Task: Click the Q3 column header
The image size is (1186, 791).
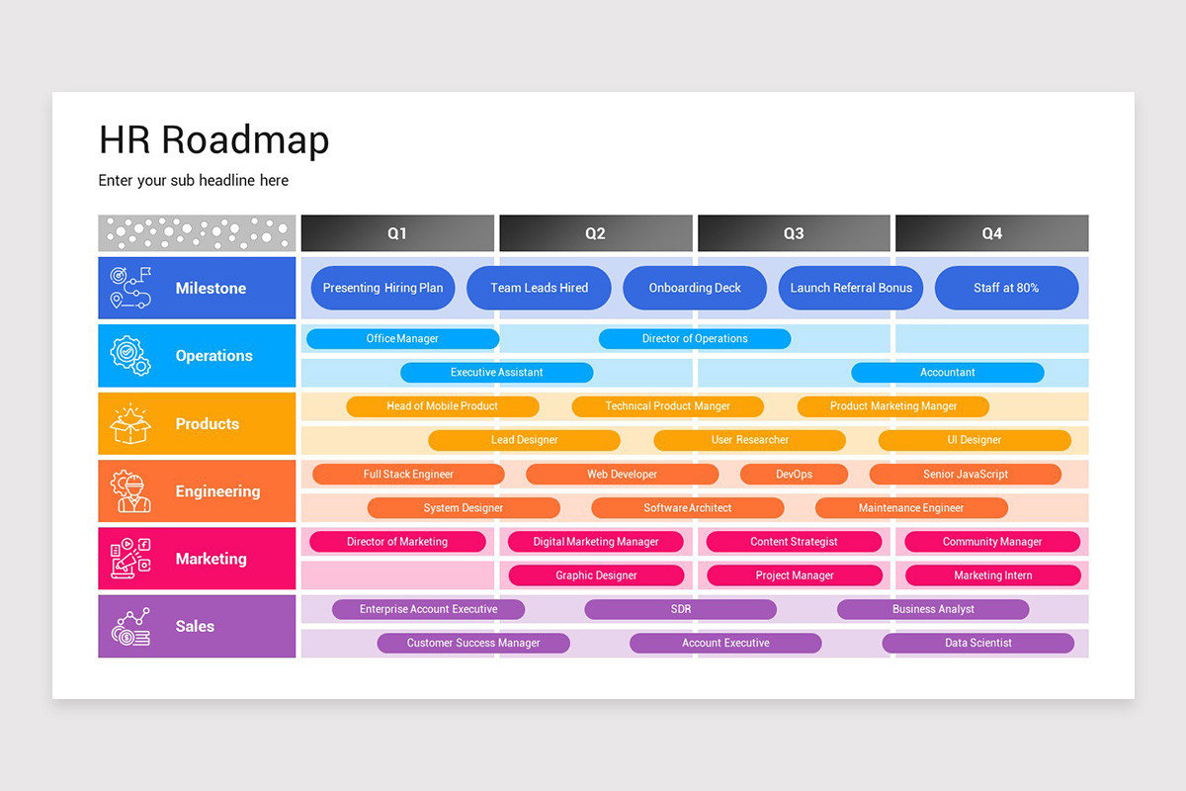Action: coord(794,233)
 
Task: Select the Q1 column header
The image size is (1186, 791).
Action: coord(397,233)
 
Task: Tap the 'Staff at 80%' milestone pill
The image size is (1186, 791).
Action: coord(1006,288)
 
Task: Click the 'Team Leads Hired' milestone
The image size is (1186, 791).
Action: coord(539,288)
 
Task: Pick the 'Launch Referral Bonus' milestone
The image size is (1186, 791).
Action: coord(851,288)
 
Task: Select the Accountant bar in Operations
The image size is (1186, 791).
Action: coord(947,373)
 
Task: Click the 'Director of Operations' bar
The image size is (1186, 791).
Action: coord(695,339)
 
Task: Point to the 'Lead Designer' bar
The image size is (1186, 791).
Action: coord(524,440)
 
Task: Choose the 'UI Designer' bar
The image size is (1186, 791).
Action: coord(974,440)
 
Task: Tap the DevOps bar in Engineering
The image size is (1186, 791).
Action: coord(794,475)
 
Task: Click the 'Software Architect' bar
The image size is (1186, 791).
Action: coord(687,508)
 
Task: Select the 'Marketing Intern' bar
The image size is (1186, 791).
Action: coord(992,575)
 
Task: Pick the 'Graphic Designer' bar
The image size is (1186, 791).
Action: coord(596,575)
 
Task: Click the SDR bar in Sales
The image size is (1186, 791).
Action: coord(680,610)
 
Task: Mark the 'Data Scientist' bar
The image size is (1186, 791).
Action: coord(977,644)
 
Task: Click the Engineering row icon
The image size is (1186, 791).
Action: coord(131,491)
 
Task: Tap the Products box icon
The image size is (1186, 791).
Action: coord(131,424)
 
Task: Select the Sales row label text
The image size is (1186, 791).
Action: coord(195,626)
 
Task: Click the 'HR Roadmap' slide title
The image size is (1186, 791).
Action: coord(213,140)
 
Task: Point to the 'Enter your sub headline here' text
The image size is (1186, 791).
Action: coord(194,181)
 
